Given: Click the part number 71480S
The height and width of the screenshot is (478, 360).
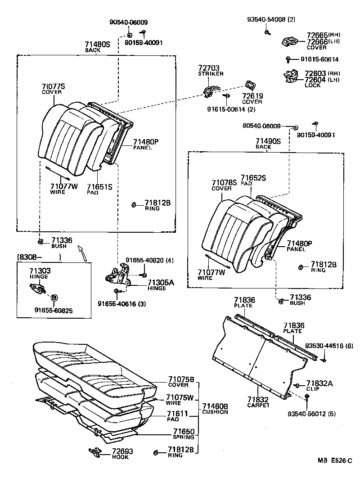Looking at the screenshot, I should tap(97, 44).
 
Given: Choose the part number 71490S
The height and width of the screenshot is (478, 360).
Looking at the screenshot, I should tap(267, 141).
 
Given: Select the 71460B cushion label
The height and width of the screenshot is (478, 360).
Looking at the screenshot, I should tap(215, 408).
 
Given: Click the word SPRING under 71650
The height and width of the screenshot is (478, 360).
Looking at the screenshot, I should tap(184, 437).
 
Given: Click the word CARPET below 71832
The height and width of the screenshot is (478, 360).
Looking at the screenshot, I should tap(258, 405).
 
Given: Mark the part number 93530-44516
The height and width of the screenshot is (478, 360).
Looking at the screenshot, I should tap(324, 346).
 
